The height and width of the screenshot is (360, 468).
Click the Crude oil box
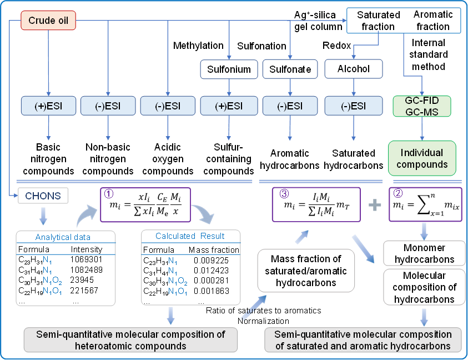48,22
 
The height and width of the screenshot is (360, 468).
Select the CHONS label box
43,195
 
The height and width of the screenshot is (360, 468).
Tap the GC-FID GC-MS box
422,106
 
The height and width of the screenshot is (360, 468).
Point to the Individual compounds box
421,158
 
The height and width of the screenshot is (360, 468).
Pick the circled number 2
397,194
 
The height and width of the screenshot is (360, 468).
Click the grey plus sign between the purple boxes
375,205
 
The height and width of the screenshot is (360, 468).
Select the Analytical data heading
62,237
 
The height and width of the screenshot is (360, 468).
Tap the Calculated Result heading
190,236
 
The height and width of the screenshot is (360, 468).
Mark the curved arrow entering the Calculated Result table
200,214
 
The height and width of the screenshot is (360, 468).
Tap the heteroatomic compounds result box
130,339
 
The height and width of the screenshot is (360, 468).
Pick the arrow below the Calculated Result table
170,316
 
